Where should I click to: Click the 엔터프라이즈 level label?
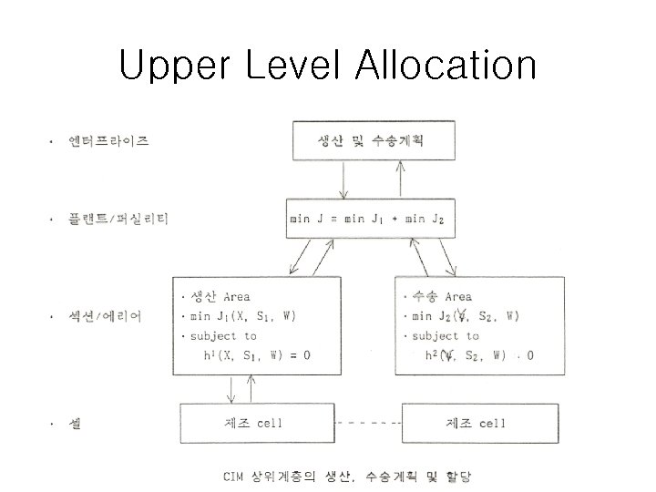[x=108, y=141]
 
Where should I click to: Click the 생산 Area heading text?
[x=220, y=296]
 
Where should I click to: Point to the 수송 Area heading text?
[x=441, y=296]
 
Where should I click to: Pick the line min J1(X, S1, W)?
[x=242, y=316]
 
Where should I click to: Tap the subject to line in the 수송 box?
[x=445, y=335]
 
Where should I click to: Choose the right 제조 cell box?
[x=475, y=424]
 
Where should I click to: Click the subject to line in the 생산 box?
[x=224, y=335]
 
